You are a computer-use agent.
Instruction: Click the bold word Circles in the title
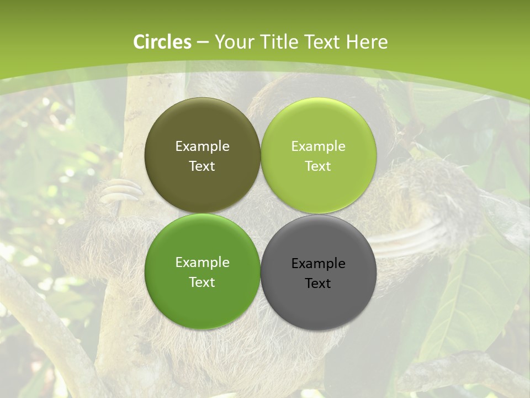click(x=162, y=42)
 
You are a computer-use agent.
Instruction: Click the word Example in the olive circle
click(x=202, y=146)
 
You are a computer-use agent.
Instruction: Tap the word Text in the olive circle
click(x=202, y=166)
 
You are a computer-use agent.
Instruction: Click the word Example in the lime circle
click(x=318, y=146)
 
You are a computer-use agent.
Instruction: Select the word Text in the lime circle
click(x=318, y=166)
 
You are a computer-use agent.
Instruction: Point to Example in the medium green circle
click(x=202, y=263)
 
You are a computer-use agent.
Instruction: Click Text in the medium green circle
click(x=202, y=282)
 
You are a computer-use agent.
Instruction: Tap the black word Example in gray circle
click(x=318, y=264)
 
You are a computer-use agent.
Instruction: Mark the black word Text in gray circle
click(x=318, y=284)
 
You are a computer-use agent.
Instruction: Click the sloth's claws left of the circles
click(x=121, y=191)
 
